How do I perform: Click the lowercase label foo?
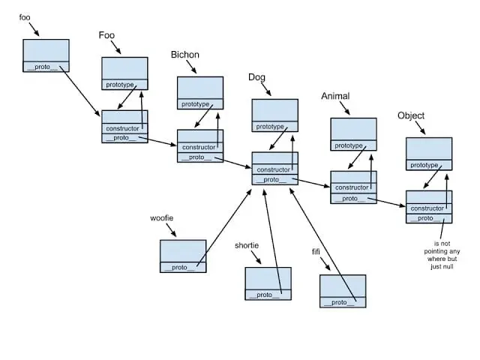point(25,17)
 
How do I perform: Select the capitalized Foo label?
point(106,34)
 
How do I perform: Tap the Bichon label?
point(184,54)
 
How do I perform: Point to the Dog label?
point(256,77)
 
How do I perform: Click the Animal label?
point(334,97)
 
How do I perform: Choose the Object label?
point(411,115)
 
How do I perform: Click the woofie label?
point(162,218)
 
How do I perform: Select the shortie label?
point(247,245)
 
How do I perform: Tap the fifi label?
point(316,251)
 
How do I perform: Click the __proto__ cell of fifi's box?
point(342,302)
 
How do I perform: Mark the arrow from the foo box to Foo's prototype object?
point(84,91)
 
